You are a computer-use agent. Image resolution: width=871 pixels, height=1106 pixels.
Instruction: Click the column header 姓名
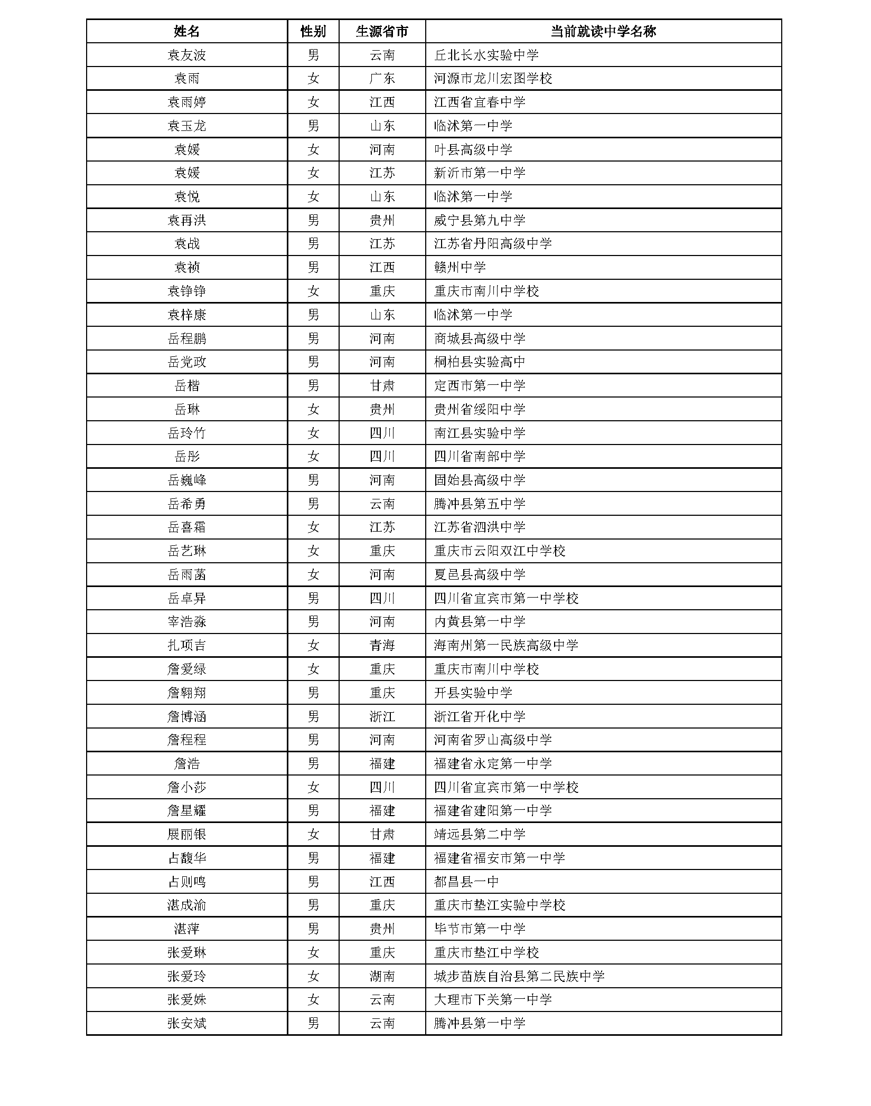tap(186, 31)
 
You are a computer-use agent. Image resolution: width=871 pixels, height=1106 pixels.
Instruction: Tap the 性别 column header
tap(313, 31)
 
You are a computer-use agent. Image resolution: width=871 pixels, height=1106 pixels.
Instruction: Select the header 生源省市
tap(382, 31)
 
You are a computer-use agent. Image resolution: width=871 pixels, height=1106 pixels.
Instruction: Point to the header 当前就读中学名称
tap(603, 31)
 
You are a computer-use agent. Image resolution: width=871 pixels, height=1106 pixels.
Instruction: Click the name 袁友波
tap(186, 55)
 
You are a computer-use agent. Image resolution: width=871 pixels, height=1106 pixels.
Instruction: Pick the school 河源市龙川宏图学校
tap(493, 79)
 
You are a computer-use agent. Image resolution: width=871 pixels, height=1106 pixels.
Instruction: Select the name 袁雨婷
tap(186, 102)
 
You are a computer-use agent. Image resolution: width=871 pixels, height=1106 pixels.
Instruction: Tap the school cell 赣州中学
tap(460, 267)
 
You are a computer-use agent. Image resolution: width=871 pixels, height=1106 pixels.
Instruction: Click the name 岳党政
tap(186, 362)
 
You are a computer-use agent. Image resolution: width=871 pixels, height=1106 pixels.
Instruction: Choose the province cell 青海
tap(382, 645)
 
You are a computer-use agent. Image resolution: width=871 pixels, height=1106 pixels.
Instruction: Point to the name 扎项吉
tap(186, 645)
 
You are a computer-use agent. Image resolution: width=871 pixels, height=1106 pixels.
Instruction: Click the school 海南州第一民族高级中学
tap(506, 645)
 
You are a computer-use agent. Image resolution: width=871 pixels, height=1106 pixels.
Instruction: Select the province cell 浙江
tap(382, 716)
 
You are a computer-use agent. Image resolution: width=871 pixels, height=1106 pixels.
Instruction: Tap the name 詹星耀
tap(186, 810)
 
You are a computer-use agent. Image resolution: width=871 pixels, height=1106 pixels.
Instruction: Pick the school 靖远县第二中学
tap(480, 834)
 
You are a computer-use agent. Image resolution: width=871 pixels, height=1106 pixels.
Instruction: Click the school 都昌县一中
tap(466, 882)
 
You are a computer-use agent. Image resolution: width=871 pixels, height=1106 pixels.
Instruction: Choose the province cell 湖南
tap(382, 976)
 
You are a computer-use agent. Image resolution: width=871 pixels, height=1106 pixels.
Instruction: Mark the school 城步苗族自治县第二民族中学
tap(519, 976)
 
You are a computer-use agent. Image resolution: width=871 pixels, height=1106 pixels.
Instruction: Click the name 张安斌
tap(186, 1023)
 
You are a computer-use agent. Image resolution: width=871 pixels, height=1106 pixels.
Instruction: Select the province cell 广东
tap(382, 79)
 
